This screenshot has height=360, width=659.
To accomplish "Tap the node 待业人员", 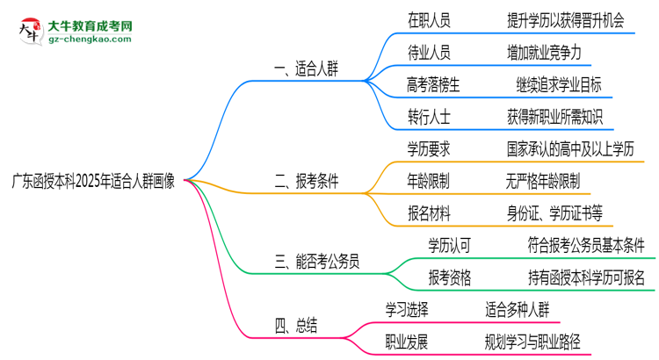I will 429,53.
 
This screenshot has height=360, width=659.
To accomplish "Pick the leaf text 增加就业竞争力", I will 543,53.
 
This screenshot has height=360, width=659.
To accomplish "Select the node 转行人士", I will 429,116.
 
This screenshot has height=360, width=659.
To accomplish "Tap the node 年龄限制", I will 429,181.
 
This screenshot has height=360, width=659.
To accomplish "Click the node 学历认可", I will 450,245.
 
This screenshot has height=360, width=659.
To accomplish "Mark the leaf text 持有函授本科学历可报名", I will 586,278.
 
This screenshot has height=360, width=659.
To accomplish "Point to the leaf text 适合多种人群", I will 521,309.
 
